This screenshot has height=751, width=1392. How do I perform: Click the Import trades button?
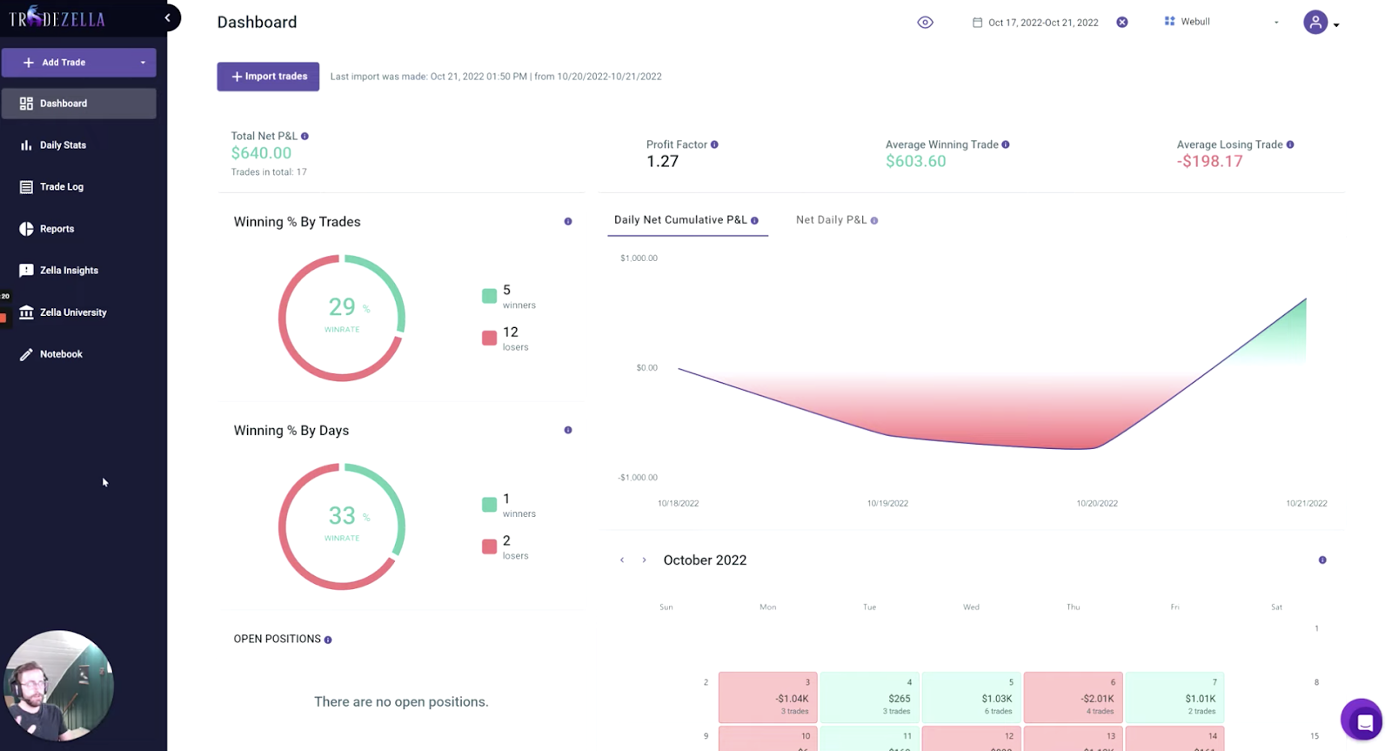268,77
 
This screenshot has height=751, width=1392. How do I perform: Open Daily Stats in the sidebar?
63,145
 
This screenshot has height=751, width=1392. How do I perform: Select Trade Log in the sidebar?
61,187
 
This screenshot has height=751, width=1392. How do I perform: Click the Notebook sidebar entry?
60,354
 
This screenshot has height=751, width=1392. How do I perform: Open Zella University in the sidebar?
72,312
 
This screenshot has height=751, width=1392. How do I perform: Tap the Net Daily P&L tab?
831,220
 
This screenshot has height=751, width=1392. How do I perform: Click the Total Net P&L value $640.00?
261,153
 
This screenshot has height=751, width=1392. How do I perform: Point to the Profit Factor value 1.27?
662,161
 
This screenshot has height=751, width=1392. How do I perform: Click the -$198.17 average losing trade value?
1209,161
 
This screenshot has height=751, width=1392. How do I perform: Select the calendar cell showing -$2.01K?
1073,697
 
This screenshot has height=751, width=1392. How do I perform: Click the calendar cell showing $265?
869,697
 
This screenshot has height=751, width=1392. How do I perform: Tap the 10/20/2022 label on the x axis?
1096,503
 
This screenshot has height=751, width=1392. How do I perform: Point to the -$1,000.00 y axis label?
638,478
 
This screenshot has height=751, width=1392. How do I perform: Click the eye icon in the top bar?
925,23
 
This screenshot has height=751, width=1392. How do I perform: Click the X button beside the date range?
1122,23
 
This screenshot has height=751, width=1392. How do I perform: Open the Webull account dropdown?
1221,22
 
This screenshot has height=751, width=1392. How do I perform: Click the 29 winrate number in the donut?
341,307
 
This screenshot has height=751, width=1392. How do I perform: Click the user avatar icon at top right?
1315,23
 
